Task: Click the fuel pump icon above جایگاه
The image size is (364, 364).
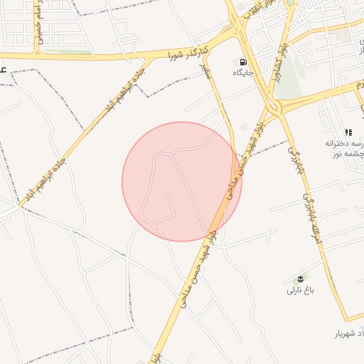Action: coord(245,62)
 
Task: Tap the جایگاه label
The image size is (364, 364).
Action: coord(242,73)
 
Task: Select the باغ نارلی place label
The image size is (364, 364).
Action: coord(299,290)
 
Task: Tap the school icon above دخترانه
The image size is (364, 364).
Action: coord(348,132)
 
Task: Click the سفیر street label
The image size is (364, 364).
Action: coord(205,71)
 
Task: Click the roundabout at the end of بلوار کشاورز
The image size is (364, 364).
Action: coord(274,108)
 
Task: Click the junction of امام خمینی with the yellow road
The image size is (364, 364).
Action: coord(36,55)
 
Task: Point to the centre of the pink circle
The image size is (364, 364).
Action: coord(181,181)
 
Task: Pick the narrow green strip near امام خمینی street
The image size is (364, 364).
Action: coord(68,51)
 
